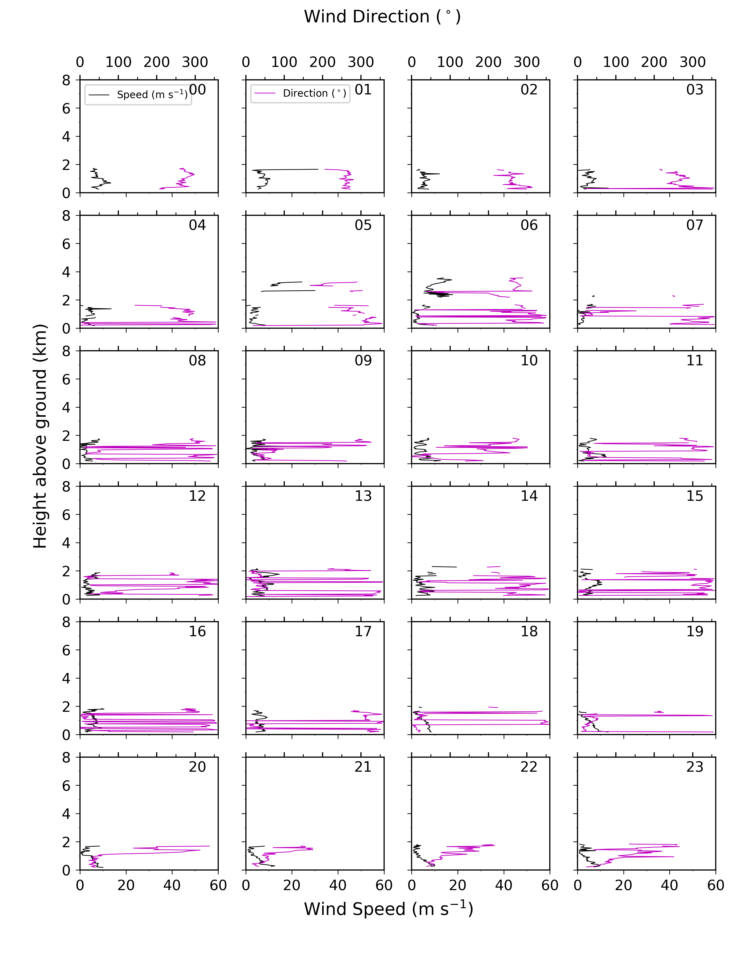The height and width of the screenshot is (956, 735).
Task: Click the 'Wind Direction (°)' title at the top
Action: pyautogui.click(x=382, y=17)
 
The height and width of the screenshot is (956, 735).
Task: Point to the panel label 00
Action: pyautogui.click(x=197, y=90)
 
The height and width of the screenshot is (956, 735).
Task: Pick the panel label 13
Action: pyautogui.click(x=363, y=496)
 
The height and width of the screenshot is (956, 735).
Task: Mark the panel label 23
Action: pyautogui.click(x=695, y=767)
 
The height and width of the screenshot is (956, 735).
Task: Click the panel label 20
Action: pyautogui.click(x=197, y=767)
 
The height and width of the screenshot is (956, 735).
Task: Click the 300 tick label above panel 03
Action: pyautogui.click(x=693, y=62)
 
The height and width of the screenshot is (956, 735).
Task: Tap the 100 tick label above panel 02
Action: pyautogui.click(x=450, y=62)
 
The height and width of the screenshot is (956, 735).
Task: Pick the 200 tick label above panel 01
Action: pyautogui.click(x=322, y=62)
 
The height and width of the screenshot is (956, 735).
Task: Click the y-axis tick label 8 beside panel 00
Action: pyautogui.click(x=66, y=80)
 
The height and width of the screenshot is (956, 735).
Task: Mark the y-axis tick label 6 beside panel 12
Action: pyautogui.click(x=66, y=515)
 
